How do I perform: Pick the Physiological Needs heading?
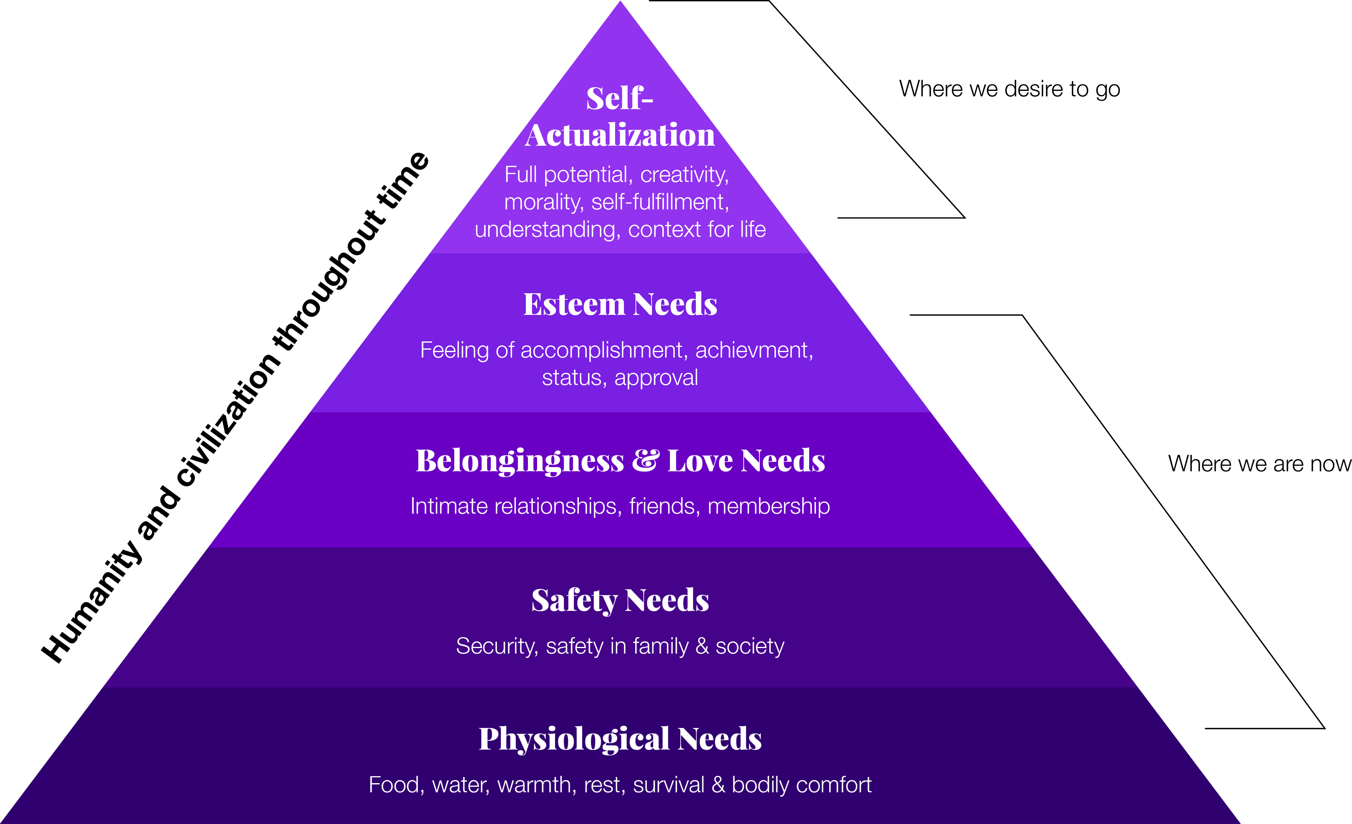pyautogui.click(x=620, y=738)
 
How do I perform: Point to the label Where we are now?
pyautogui.click(x=1259, y=464)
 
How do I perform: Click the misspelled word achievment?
pyautogui.click(x=754, y=350)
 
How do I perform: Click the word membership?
pyautogui.click(x=769, y=506)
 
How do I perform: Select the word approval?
pyautogui.click(x=656, y=378)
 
